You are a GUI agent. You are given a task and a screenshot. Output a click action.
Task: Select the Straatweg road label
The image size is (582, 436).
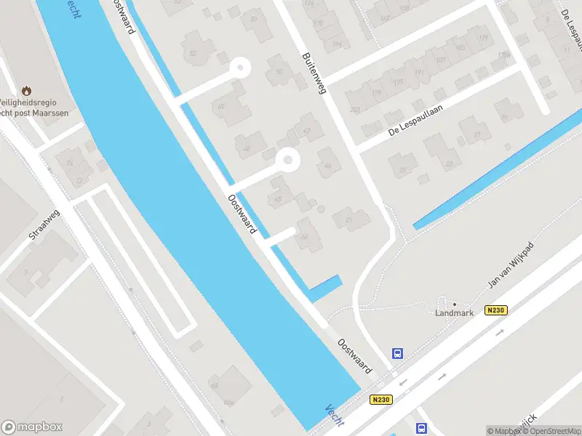44,227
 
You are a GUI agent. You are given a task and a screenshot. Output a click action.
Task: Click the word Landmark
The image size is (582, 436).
454,313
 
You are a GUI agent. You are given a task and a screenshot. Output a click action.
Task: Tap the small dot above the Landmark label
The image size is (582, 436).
455,304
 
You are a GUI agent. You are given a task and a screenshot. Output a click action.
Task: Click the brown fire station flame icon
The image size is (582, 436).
27,92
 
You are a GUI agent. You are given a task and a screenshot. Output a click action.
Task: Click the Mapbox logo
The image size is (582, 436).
32,427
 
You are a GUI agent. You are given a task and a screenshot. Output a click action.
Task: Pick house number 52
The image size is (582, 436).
193,53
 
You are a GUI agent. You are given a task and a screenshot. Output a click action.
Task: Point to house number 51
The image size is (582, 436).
254,20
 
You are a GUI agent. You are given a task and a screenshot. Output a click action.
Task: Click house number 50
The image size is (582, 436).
279,71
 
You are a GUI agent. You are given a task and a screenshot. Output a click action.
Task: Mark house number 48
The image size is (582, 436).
247,149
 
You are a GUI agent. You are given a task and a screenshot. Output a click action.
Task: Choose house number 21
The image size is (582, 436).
477,135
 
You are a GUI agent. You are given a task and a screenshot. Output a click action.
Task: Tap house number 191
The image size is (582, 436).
418,73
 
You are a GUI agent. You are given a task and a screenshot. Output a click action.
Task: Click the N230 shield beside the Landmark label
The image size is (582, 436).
495,310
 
